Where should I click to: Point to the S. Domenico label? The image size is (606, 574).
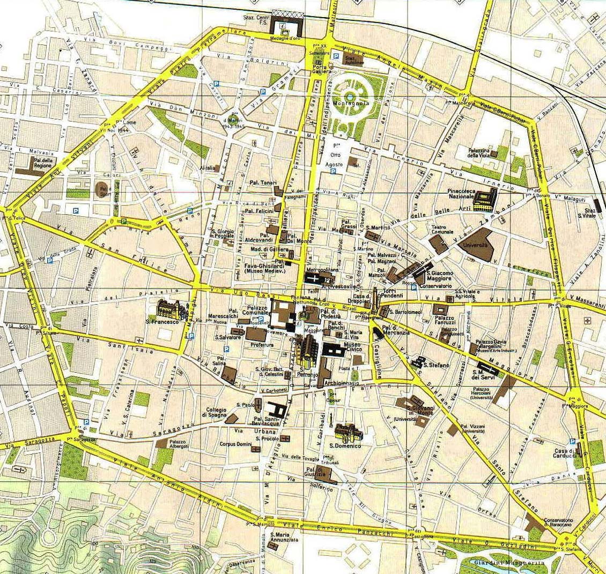[344, 445]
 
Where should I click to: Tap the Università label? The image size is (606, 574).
[477, 245]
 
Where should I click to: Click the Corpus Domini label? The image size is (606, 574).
[235, 443]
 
